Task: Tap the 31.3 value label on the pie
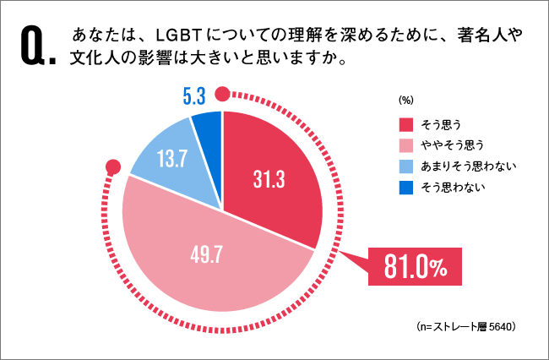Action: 269,179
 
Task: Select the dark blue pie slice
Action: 208,127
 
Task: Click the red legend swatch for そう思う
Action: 406,123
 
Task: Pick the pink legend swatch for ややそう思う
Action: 406,144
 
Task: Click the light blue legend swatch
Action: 406,166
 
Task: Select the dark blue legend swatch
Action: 406,187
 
